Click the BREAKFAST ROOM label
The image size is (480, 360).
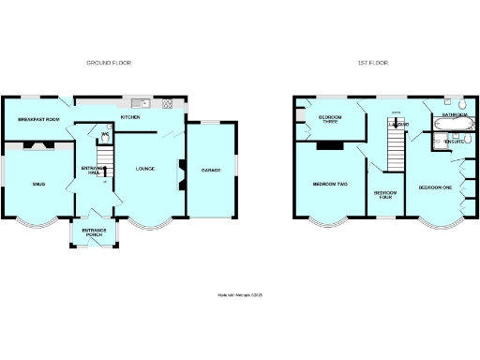point(39,119)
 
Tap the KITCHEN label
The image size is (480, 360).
point(129,117)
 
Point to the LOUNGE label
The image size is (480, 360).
point(144,169)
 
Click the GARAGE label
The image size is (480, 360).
point(210,170)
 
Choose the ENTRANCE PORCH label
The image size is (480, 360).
point(94,232)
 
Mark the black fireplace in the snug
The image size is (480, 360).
point(37,145)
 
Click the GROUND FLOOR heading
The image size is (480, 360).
point(109,63)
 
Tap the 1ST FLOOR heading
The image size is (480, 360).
point(372,63)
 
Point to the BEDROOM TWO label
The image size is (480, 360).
point(330,184)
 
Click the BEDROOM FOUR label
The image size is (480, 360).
point(384,195)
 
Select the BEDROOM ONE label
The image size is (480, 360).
point(435,187)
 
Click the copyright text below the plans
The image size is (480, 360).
point(240,294)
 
